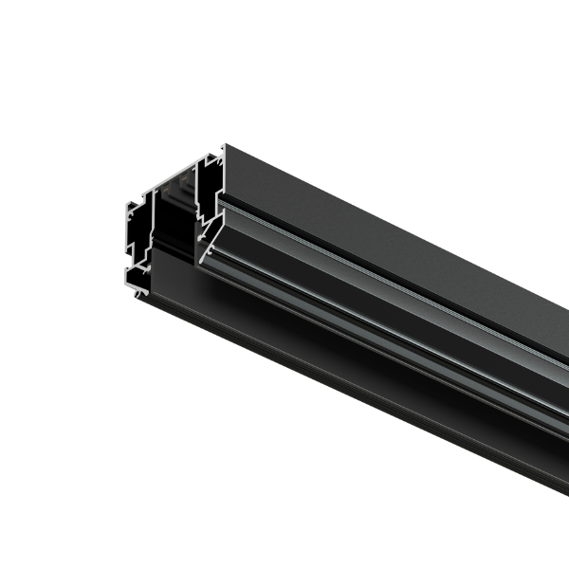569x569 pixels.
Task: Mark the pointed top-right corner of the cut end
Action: tap(224, 147)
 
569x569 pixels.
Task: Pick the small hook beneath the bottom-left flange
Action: tap(139, 293)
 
